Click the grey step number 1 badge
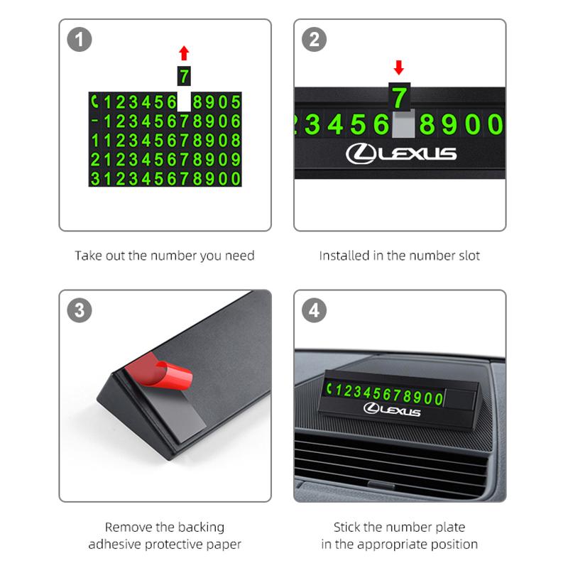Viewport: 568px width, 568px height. [x=80, y=40]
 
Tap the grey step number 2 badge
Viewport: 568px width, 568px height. [x=314, y=40]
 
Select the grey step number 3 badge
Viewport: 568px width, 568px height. [x=80, y=310]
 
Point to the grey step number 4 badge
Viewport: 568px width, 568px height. [x=314, y=310]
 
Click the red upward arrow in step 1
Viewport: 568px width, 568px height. [x=184, y=53]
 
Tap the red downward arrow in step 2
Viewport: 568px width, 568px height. [x=399, y=67]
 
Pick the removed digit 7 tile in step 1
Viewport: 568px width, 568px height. [x=184, y=76]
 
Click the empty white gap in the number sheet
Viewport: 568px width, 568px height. [x=184, y=102]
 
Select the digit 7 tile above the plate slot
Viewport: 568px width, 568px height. [x=400, y=97]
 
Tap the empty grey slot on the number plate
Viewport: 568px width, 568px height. [x=403, y=124]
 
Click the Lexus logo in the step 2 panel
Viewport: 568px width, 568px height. [x=401, y=153]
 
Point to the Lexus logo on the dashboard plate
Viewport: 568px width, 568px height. [x=392, y=409]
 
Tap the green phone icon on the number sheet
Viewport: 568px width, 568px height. [x=95, y=102]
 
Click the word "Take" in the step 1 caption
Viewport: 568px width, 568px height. [x=84, y=256]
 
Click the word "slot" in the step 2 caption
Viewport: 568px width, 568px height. [x=469, y=256]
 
